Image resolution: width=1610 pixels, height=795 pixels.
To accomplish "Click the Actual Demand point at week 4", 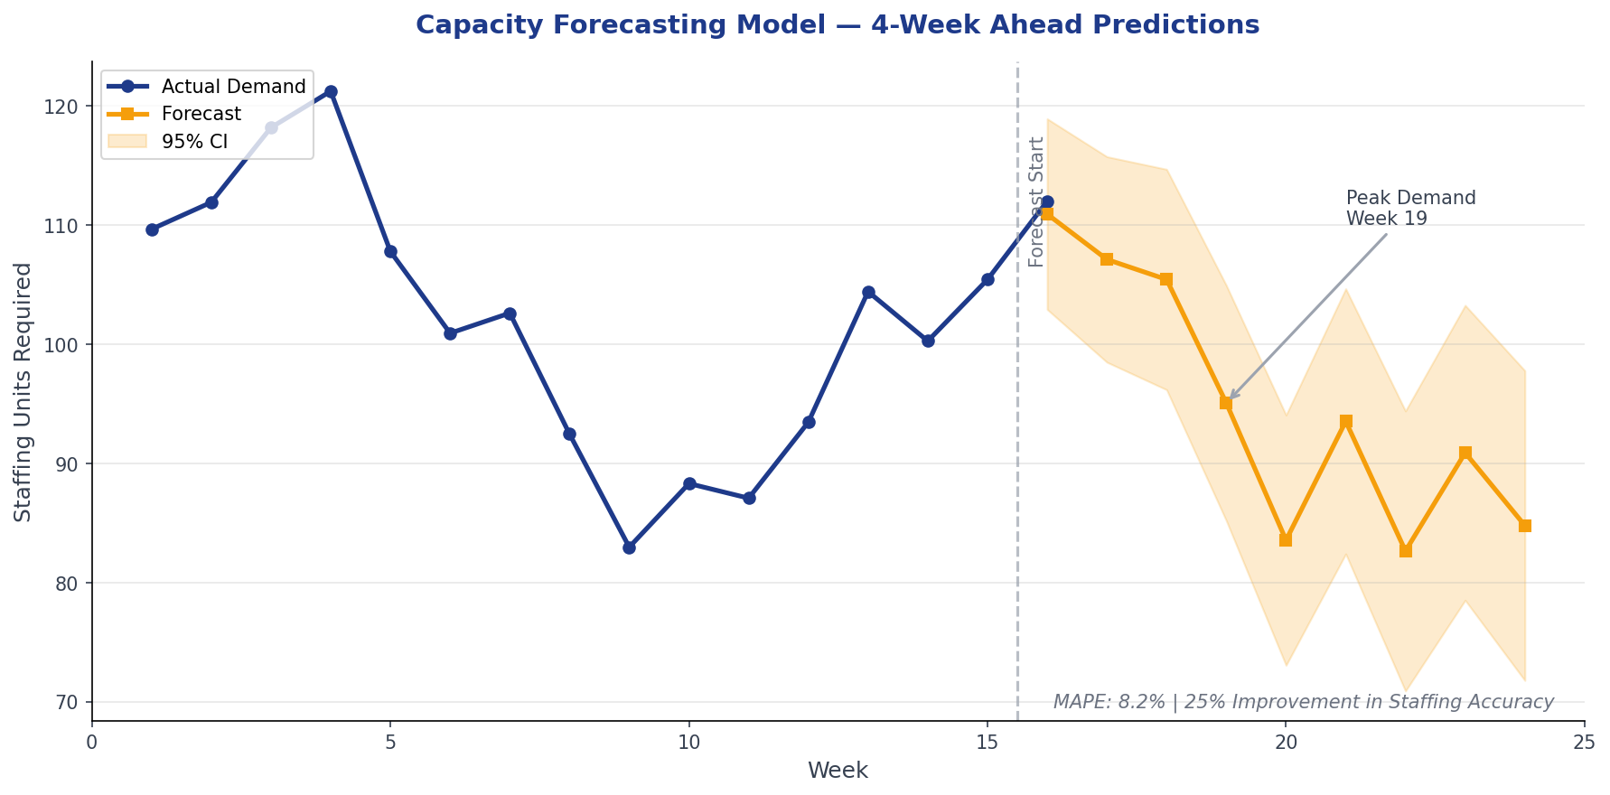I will (x=331, y=92).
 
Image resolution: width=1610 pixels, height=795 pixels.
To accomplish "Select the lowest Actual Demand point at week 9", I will (x=629, y=547).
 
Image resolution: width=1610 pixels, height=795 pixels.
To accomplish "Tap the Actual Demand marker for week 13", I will (x=868, y=293).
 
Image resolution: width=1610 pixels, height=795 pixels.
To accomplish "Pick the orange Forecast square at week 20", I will (x=1286, y=540).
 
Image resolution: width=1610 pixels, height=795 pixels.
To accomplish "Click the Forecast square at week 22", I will (x=1405, y=551).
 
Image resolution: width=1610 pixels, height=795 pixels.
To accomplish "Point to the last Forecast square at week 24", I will (x=1525, y=526).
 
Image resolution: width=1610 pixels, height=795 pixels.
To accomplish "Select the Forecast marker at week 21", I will (x=1345, y=422).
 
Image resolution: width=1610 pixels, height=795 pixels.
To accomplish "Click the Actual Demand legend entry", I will (x=233, y=87).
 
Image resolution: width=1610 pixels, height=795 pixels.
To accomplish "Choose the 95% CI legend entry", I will (x=194, y=142).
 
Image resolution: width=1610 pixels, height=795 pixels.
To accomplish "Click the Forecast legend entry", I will (x=201, y=114).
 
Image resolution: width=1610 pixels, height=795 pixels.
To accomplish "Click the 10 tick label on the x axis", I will (x=689, y=742).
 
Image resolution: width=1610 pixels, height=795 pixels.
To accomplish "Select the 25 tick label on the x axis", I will (x=1584, y=742).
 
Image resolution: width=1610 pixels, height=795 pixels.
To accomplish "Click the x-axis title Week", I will (x=838, y=771).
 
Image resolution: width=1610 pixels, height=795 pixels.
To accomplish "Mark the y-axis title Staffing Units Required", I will (x=23, y=391).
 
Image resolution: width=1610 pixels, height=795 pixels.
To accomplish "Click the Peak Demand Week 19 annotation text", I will (x=1410, y=209).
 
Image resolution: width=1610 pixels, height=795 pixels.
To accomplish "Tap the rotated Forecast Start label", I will (x=1036, y=201).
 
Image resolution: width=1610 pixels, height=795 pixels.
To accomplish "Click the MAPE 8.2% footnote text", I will (x=1303, y=702).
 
